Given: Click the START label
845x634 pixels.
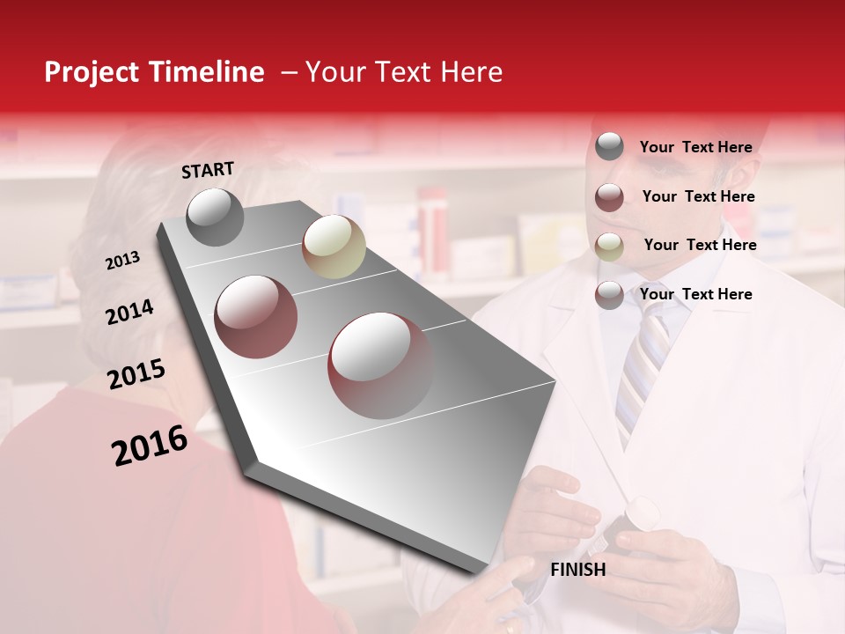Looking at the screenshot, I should click(208, 170).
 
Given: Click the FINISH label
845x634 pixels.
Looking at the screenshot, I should click(577, 570).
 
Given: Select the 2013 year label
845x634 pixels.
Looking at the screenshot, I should click(122, 261).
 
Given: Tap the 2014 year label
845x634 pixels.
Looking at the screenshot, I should click(129, 312).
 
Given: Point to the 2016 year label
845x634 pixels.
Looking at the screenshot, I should click(150, 446).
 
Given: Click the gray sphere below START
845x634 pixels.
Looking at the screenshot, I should click(215, 217).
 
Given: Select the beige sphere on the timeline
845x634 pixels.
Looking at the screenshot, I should click(334, 247).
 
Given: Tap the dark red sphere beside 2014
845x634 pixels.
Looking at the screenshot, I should click(256, 317).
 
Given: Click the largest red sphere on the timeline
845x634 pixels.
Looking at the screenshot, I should click(379, 365).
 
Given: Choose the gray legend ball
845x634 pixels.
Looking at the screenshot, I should click(609, 146).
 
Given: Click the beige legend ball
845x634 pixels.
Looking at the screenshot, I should click(609, 247).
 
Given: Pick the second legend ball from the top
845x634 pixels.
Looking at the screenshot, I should click(609, 197).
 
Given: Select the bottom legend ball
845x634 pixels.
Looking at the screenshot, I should click(609, 295).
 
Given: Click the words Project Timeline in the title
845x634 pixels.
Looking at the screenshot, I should click(154, 72).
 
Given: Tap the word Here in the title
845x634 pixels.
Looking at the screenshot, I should click(471, 72).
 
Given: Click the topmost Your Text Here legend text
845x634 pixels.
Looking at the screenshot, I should click(695, 147).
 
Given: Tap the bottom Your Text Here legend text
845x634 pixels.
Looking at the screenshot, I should click(695, 294).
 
